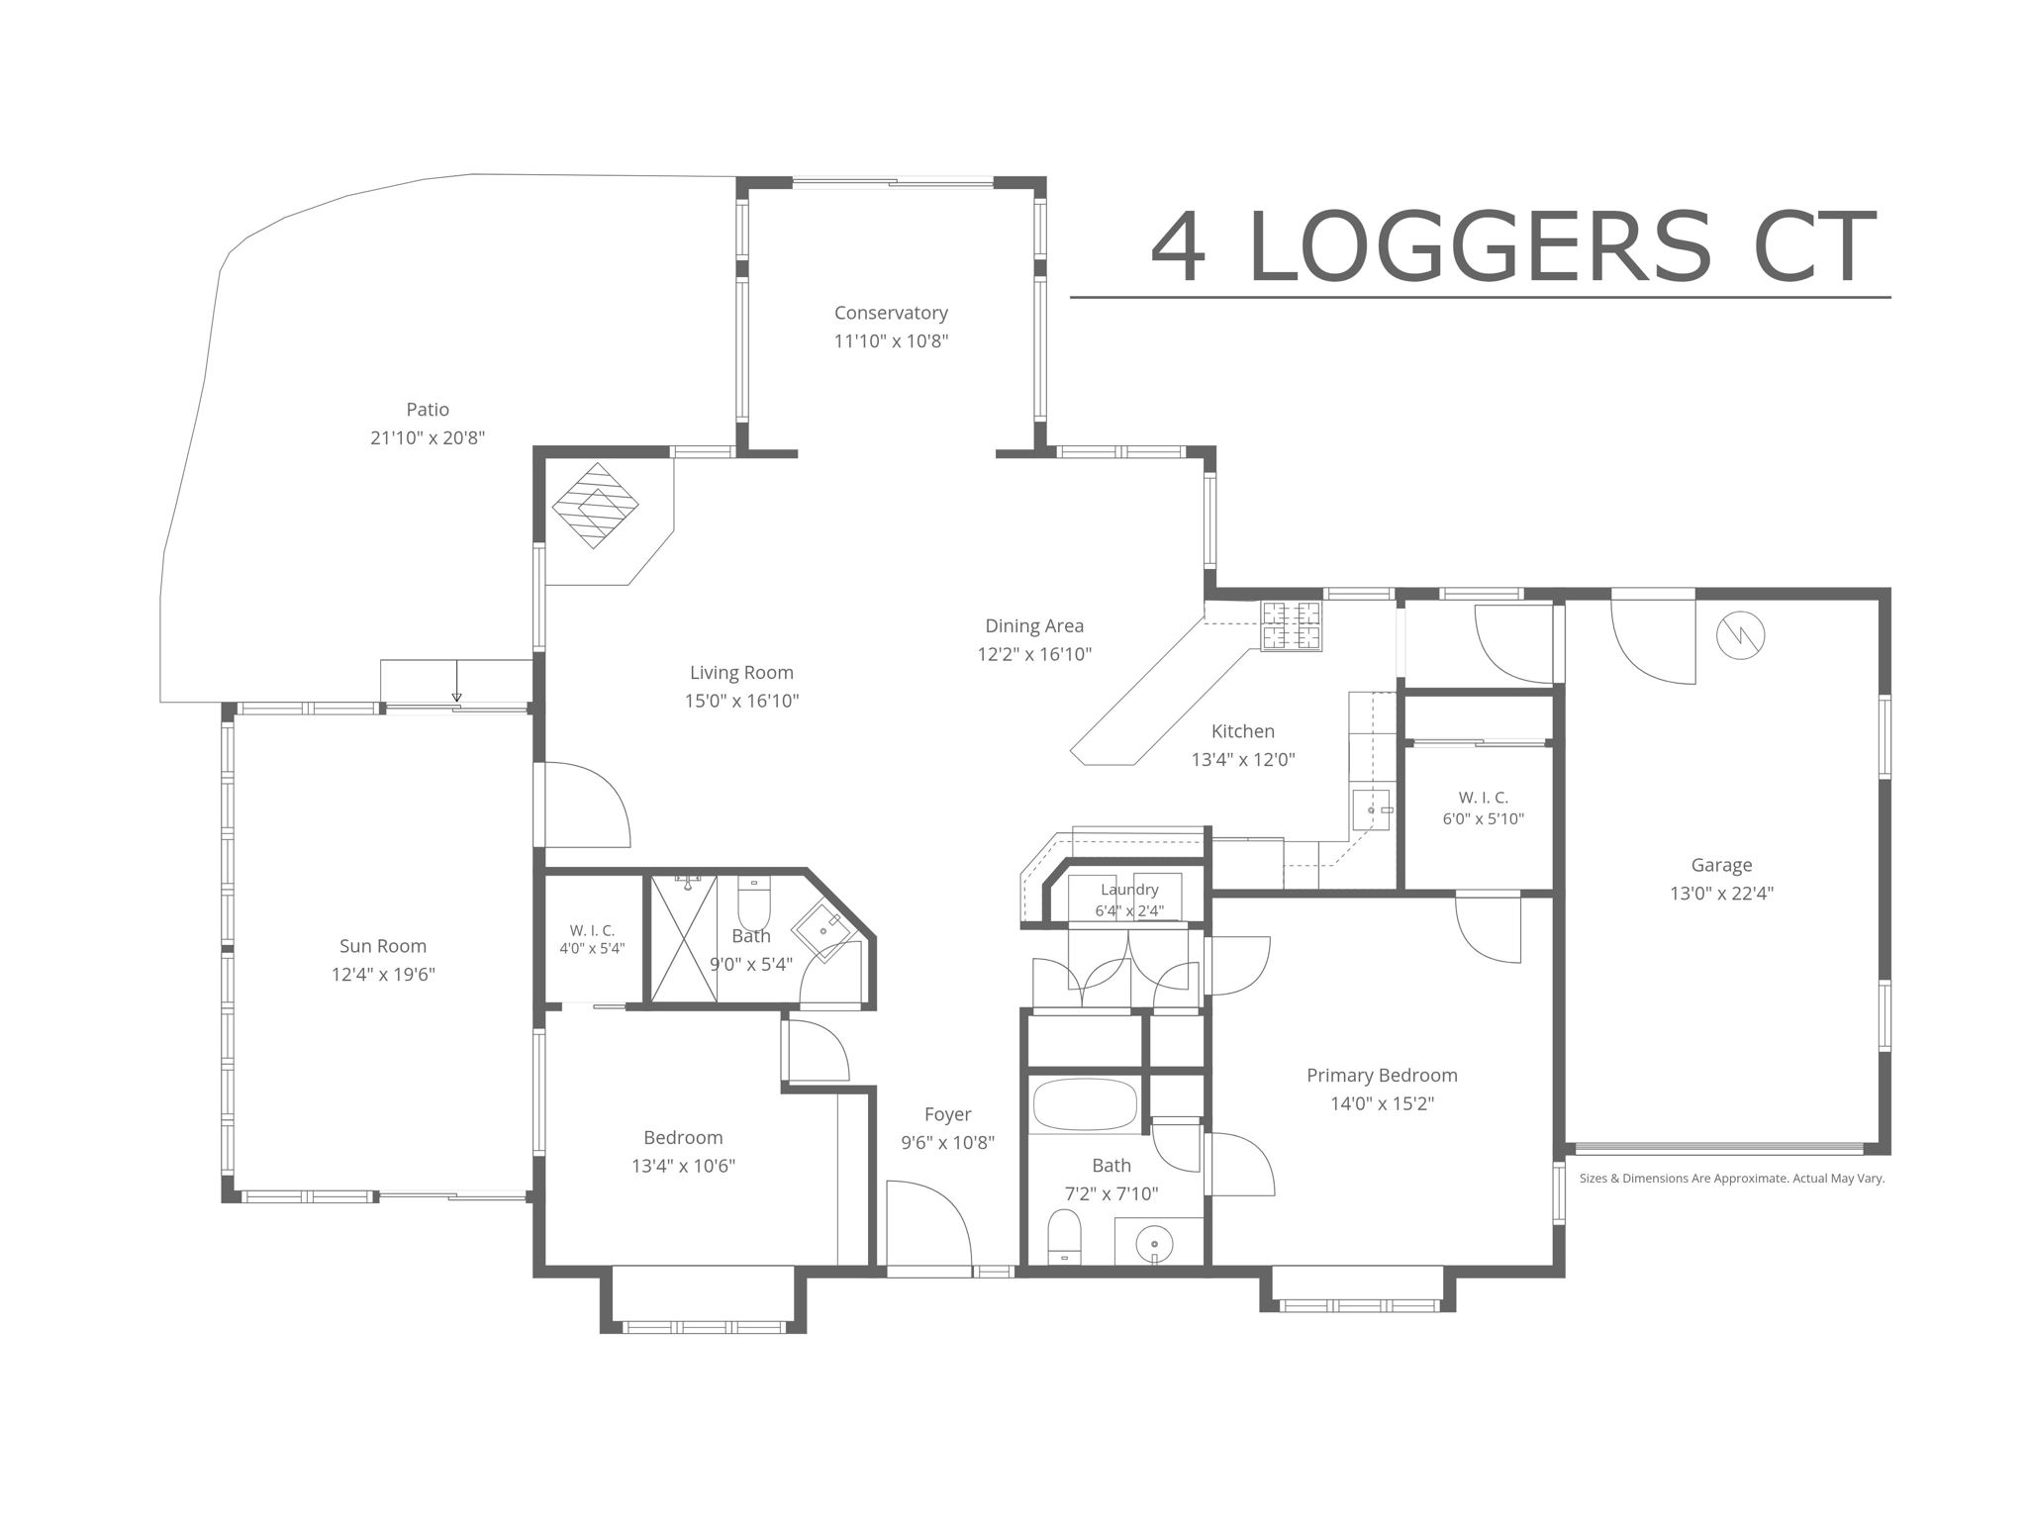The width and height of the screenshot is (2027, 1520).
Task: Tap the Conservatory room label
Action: [891, 313]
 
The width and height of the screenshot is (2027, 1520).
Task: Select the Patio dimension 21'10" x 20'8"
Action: [428, 437]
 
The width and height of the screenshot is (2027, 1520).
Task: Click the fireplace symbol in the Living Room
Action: [595, 506]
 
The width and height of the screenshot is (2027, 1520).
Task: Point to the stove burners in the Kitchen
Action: [1291, 625]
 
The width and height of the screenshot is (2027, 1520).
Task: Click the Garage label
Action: [1721, 865]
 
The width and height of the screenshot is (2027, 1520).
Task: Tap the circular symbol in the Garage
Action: [1740, 635]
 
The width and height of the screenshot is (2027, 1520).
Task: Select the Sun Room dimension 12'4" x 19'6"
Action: [383, 975]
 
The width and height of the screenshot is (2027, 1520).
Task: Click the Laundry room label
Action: [1129, 890]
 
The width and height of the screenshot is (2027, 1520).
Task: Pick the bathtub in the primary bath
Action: [1085, 1105]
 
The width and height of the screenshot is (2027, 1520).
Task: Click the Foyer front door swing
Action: [929, 1223]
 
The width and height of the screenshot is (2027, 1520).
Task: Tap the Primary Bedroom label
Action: [1382, 1075]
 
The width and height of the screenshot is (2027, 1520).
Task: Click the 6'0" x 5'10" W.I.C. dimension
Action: [1483, 819]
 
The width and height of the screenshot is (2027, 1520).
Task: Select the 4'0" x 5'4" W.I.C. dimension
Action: [592, 948]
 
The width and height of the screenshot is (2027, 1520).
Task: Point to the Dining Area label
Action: [1034, 625]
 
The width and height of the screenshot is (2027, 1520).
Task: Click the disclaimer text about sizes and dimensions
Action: [1731, 1179]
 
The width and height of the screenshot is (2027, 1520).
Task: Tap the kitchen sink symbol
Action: [1372, 810]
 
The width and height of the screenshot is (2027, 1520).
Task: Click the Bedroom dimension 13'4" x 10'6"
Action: [683, 1166]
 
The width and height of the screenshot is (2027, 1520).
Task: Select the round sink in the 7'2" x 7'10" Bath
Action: [1154, 1244]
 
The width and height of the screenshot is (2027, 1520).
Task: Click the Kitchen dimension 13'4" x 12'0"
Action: [1243, 760]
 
